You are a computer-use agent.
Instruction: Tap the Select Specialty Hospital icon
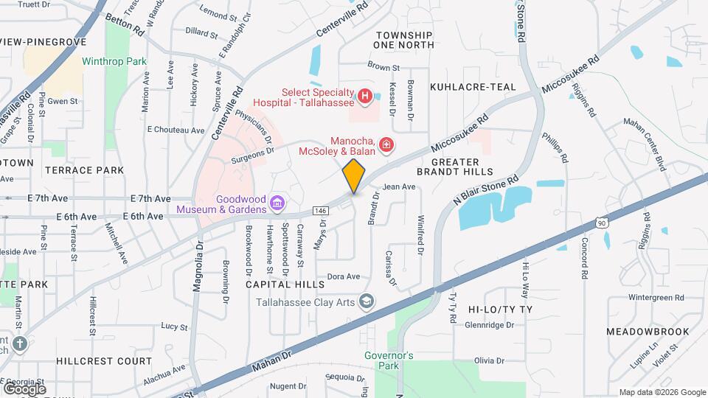click(x=364, y=96)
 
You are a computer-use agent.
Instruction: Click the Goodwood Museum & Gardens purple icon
click(x=277, y=202)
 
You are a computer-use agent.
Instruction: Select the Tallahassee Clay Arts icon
click(x=367, y=301)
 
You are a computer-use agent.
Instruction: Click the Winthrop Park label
click(x=114, y=62)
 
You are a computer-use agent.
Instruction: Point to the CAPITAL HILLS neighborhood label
click(x=285, y=284)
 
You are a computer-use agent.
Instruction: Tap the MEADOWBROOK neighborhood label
click(x=646, y=332)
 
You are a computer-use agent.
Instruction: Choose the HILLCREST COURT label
click(x=103, y=361)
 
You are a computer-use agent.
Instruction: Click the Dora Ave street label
click(x=343, y=276)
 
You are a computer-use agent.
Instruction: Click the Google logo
click(x=24, y=388)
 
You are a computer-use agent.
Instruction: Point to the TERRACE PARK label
click(x=84, y=170)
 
